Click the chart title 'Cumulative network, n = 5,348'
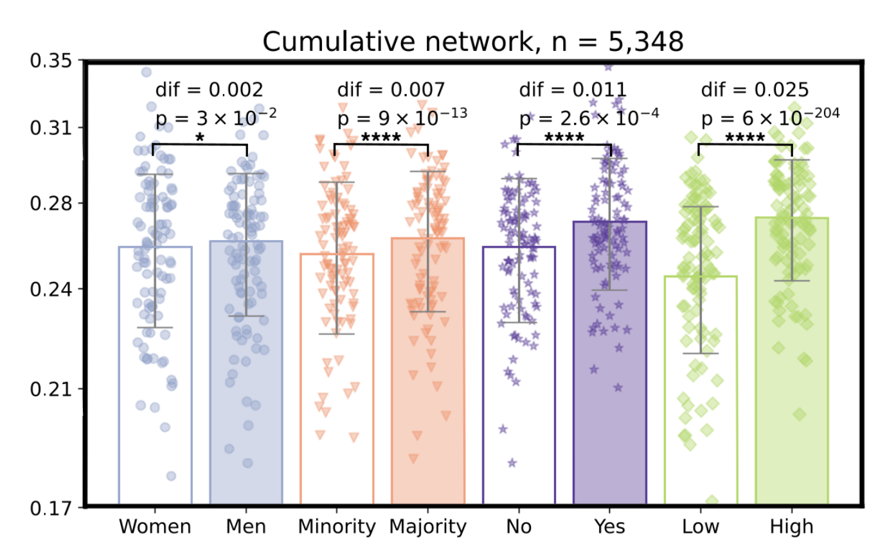pyautogui.click(x=472, y=42)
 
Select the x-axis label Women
pyautogui.click(x=155, y=527)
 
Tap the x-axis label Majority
pyautogui.click(x=427, y=527)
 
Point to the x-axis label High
pyautogui.click(x=791, y=527)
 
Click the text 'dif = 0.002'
pyautogui.click(x=210, y=89)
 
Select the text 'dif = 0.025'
pyautogui.click(x=755, y=89)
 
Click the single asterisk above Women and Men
pyautogui.click(x=200, y=138)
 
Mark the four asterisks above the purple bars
pyautogui.click(x=564, y=138)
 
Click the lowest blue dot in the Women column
pyautogui.click(x=171, y=476)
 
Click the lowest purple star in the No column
pyautogui.click(x=512, y=462)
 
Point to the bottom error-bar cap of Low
pyautogui.click(x=701, y=353)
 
